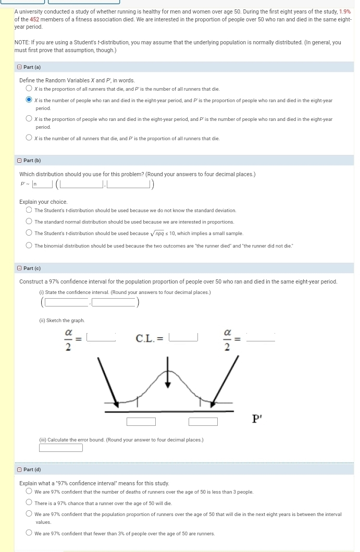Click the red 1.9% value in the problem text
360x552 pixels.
coord(344,11)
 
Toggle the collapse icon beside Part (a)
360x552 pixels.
coord(19,67)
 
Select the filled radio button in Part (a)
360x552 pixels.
coord(30,100)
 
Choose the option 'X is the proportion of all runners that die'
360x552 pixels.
coord(30,89)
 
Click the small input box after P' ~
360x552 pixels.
coord(42,183)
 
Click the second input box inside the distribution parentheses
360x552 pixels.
coord(129,183)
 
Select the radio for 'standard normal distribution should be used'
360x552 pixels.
coord(30,222)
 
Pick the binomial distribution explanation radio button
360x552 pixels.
coord(30,246)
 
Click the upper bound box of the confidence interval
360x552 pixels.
coord(114,302)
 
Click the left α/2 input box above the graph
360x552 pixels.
coord(101,337)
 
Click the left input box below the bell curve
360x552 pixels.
coord(141,421)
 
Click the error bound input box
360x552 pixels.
coord(60,447)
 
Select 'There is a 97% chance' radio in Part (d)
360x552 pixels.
coord(30,503)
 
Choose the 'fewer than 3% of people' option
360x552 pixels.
coord(30,533)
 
